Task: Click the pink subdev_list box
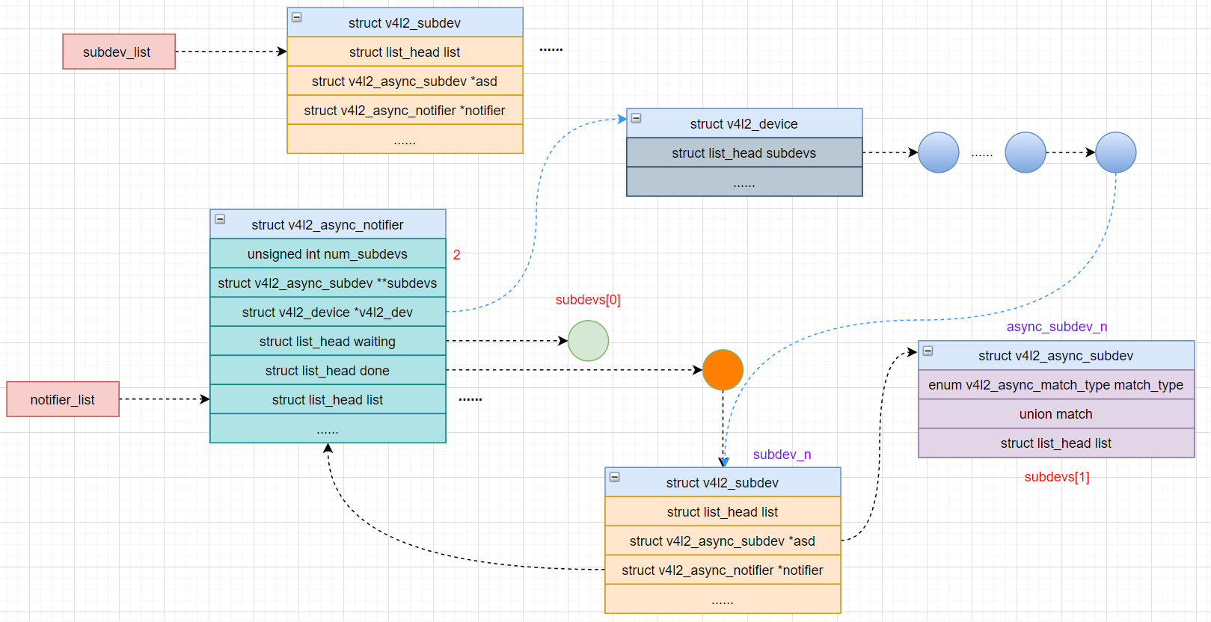coord(119,52)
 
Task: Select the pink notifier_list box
coord(63,399)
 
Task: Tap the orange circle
coord(723,370)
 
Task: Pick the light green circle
coord(588,341)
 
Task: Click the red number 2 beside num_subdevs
coord(456,255)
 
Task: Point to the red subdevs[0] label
coord(587,300)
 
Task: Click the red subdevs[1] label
coord(1056,477)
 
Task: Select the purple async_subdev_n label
coord(1056,327)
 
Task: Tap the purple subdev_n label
coord(782,455)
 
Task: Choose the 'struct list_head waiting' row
coord(328,342)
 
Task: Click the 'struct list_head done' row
coord(328,371)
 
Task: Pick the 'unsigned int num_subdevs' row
coord(328,254)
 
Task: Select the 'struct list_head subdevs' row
coord(744,153)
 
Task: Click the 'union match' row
coord(1056,414)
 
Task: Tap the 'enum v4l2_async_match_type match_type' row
coord(1056,385)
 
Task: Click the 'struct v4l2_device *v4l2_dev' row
coord(328,312)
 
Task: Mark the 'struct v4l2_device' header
coord(744,124)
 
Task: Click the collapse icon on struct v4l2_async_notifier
coord(220,219)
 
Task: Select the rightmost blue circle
coord(1115,153)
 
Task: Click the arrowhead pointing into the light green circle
coord(563,341)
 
